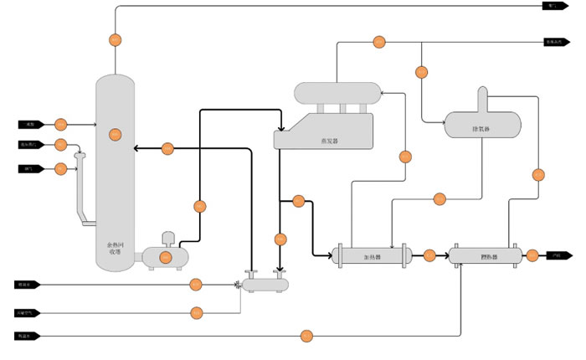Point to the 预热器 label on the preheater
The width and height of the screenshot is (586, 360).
coord(490,256)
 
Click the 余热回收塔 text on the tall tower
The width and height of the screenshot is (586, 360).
coord(115,248)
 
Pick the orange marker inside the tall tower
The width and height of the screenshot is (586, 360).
coord(116,134)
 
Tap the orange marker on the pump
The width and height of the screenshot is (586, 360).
coord(166,256)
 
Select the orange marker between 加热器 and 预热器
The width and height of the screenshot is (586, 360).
coord(429,255)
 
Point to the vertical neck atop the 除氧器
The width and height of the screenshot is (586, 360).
coord(482,99)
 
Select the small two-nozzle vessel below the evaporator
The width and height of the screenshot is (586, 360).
coord(266,285)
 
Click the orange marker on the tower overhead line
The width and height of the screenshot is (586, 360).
coord(116,39)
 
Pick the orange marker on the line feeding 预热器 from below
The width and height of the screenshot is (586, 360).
coord(307,336)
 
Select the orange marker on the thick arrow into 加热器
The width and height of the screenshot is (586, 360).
coord(299,201)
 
